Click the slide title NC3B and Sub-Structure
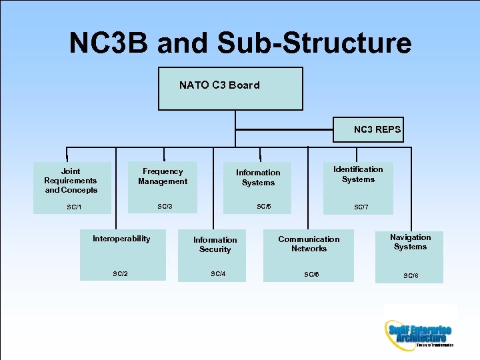coord(240,43)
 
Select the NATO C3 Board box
coord(230,88)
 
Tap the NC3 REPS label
coord(377,129)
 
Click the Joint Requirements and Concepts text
coord(71,181)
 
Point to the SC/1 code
coord(74,207)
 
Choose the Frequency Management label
coord(163,177)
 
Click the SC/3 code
coord(165,206)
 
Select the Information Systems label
coord(258,177)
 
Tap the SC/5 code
coord(264,206)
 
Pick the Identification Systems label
coord(358,174)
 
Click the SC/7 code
coord(361,207)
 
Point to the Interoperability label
coord(121,239)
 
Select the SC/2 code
coord(121,273)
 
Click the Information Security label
coord(215,245)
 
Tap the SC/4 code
coord(218,273)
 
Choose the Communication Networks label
coord(309,244)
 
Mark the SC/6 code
coord(311,274)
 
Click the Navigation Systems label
coord(410,242)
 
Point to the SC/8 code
coord(411,276)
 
